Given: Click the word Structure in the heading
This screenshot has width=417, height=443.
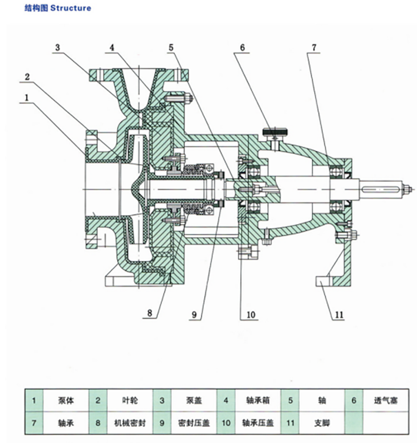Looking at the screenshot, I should (x=70, y=8).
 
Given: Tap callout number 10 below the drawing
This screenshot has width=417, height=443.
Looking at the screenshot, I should (x=251, y=315).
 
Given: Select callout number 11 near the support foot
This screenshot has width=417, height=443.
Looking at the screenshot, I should (x=339, y=315).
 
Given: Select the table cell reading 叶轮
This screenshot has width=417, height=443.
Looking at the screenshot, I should (x=130, y=401).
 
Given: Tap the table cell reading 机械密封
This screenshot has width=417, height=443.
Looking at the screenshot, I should (x=130, y=423).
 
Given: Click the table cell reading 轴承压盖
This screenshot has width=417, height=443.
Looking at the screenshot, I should (x=257, y=423).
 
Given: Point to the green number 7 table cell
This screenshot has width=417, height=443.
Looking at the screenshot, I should (x=34, y=423).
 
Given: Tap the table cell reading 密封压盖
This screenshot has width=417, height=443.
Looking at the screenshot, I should (x=193, y=423).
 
